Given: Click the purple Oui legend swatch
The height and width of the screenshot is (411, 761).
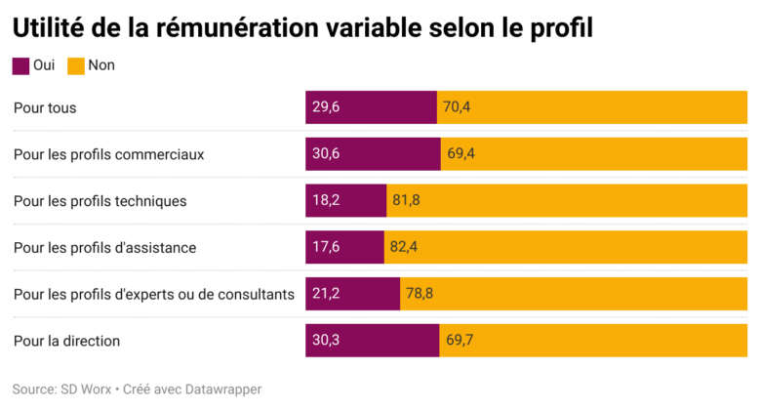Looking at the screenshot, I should (x=20, y=66).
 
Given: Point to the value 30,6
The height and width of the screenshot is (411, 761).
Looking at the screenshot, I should (x=326, y=154).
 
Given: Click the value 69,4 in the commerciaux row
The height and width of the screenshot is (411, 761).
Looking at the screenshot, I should (x=461, y=154).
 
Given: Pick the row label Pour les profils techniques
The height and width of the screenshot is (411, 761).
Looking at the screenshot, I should (x=100, y=201).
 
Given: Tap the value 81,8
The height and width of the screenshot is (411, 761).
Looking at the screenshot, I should (x=406, y=201).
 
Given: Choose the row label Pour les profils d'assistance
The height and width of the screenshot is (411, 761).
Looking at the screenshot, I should (x=104, y=248).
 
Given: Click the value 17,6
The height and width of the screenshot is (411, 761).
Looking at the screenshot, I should (x=326, y=248).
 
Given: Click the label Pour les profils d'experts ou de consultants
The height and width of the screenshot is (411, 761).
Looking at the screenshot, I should (x=153, y=295).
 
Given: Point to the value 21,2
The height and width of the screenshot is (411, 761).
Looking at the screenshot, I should (x=326, y=295).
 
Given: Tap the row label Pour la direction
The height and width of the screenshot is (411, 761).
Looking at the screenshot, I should (x=66, y=342).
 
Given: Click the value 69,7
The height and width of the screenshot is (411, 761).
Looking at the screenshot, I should (x=460, y=342).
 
